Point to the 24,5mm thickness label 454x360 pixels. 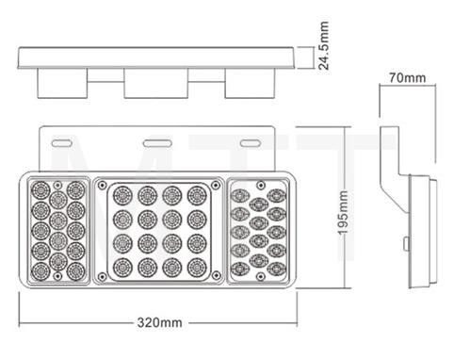click(x=323, y=50)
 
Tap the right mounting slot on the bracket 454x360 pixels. click(x=250, y=142)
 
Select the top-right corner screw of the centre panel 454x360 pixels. click(x=216, y=184)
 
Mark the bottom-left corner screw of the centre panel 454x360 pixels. click(x=104, y=275)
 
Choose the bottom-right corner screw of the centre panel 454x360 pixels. click(x=216, y=275)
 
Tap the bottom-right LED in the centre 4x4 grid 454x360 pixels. click(x=196, y=265)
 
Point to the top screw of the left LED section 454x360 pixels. click(x=58, y=185)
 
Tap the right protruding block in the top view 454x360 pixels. click(x=249, y=85)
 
